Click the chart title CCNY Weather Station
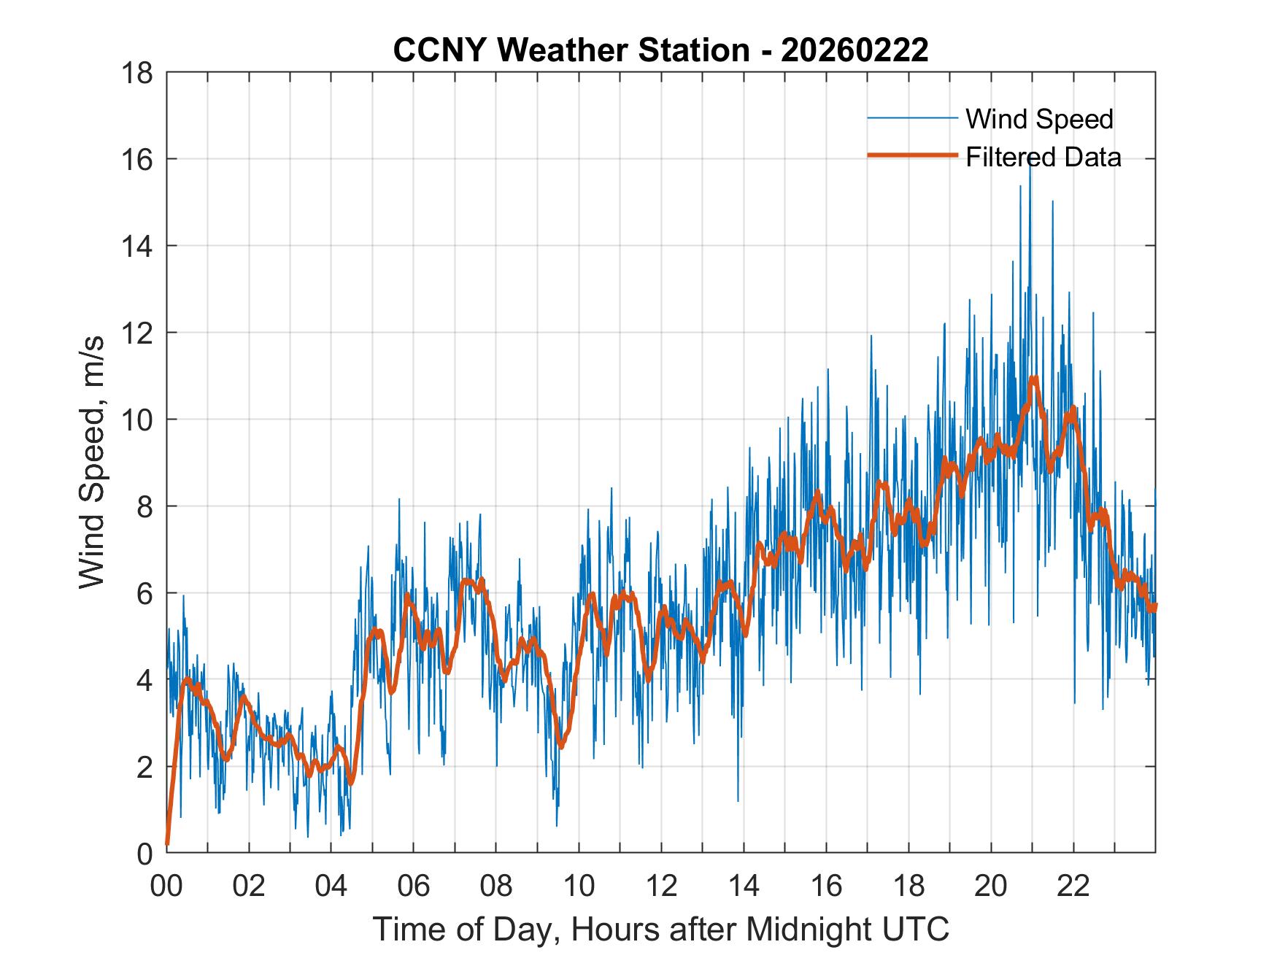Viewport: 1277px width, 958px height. coord(571,50)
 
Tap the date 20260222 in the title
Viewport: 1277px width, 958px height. coord(854,50)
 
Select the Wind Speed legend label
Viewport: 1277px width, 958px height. coord(1039,119)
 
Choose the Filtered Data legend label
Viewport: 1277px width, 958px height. coord(1043,157)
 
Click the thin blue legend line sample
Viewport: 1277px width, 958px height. coord(911,118)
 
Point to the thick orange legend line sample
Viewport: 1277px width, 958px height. coord(911,155)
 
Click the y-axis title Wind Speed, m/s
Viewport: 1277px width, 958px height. coord(93,462)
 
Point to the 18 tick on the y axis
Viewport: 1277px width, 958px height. coord(138,73)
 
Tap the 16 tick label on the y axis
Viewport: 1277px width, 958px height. coord(138,160)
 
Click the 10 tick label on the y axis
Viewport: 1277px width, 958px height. coord(138,420)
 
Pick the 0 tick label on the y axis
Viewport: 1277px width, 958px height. coord(146,853)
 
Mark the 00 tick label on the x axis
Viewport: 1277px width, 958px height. coord(167,886)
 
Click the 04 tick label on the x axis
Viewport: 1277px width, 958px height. coord(331,886)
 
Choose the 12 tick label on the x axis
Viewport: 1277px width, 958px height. coord(661,886)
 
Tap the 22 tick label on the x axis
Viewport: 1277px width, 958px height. coord(1073,886)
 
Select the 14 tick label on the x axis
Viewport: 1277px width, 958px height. coord(744,886)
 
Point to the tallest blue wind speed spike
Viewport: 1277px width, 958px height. coord(1030,162)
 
